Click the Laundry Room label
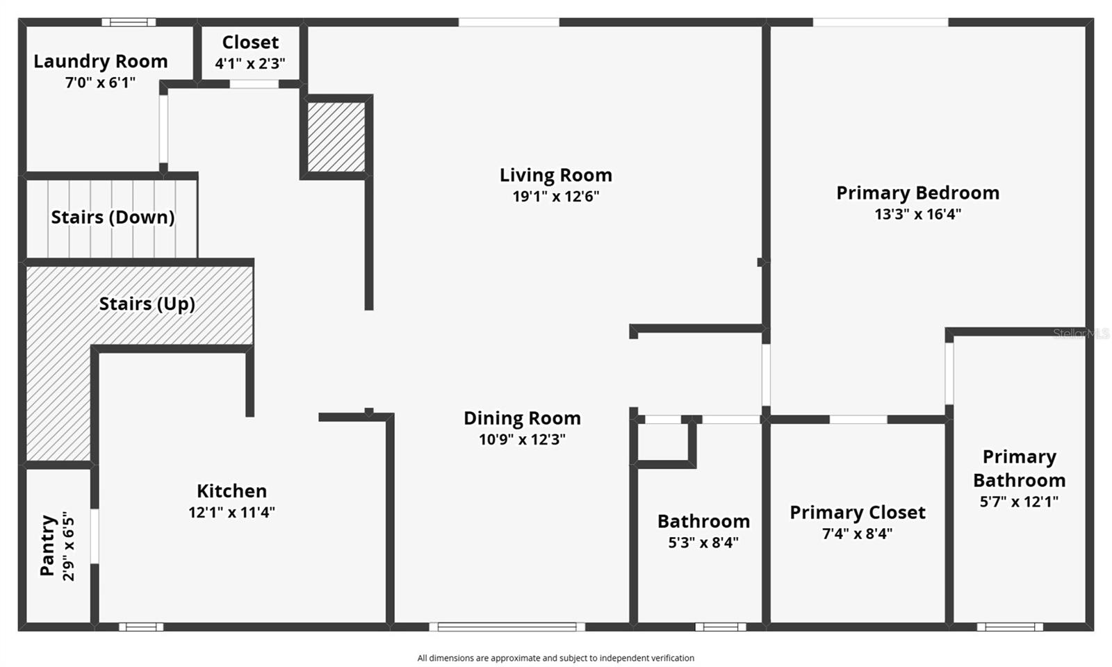point(101,61)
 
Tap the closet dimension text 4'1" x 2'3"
point(250,64)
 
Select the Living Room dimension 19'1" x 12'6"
point(555,197)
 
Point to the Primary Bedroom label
point(917,192)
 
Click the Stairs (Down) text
point(113,217)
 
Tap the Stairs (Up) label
point(147,304)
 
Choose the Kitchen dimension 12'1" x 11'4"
point(231,513)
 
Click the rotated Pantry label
point(47,545)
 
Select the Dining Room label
point(522,418)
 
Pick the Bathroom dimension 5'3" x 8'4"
point(703,543)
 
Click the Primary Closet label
point(857,513)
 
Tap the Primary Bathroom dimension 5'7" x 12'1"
point(1019,502)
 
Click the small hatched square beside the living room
point(336,137)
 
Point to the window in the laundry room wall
point(129,22)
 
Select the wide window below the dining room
point(507,627)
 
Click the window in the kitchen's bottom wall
point(141,627)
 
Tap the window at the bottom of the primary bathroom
point(1009,627)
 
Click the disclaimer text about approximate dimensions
point(555,658)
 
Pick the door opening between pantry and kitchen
point(95,536)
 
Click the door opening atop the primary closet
point(858,420)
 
